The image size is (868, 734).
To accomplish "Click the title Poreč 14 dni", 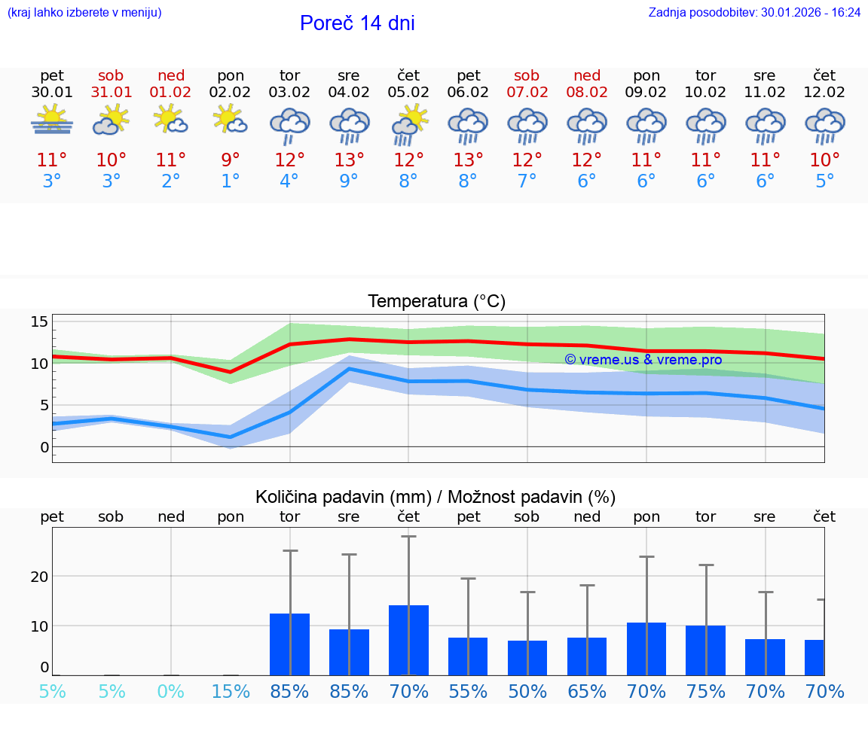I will pyautogui.click(x=357, y=23).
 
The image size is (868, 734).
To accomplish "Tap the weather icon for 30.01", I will pyautogui.click(x=52, y=120).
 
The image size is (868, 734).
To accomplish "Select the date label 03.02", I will pyautogui.click(x=289, y=93).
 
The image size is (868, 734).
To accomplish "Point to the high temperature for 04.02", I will pyautogui.click(x=349, y=160).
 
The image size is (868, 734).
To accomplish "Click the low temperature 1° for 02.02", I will pyautogui.click(x=231, y=181).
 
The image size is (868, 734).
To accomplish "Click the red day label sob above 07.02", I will pyautogui.click(x=527, y=76).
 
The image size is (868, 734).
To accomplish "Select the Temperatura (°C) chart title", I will pyautogui.click(x=436, y=302).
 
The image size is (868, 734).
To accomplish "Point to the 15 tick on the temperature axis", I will pyautogui.click(x=40, y=322).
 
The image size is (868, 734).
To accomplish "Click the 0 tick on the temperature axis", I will pyautogui.click(x=45, y=447).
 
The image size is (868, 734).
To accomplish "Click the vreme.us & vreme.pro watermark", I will pyautogui.click(x=643, y=360).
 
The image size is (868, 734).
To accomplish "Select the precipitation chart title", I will pyautogui.click(x=436, y=497).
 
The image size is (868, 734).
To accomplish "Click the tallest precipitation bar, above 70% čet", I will pyautogui.click(x=408, y=640).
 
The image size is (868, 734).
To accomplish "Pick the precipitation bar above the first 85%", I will pyautogui.click(x=289, y=644).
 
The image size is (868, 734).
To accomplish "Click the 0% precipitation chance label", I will pyautogui.click(x=171, y=692).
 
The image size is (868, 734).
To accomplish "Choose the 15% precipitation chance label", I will pyautogui.click(x=231, y=692).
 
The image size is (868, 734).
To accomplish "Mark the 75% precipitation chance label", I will pyautogui.click(x=706, y=692).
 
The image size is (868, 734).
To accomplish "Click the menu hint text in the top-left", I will pyautogui.click(x=84, y=13).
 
